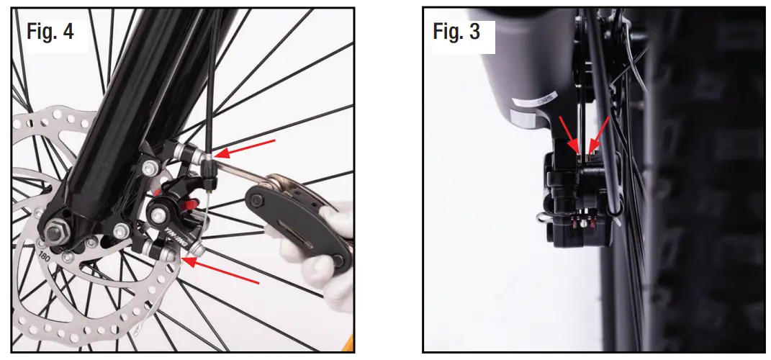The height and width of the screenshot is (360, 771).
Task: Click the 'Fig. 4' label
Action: [x=50, y=32]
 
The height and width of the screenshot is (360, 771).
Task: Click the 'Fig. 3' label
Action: [x=456, y=32]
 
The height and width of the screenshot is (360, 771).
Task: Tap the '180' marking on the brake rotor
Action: [x=45, y=256]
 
